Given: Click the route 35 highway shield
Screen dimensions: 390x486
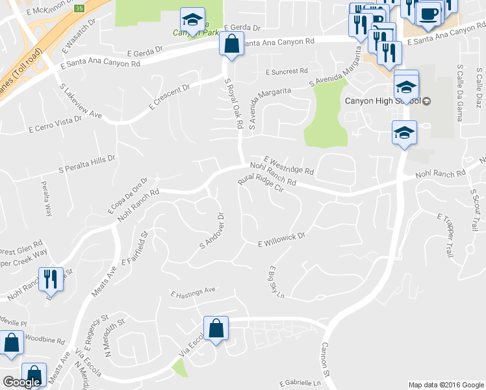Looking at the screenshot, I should click(79, 8).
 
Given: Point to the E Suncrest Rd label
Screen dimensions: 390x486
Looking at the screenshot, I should click(287, 71).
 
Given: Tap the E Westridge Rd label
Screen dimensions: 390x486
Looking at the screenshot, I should click(289, 165).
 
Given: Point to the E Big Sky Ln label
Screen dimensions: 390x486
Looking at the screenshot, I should click(277, 281).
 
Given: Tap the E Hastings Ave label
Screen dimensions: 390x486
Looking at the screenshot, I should click(193, 292).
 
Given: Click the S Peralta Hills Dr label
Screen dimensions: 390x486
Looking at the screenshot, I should click(87, 163).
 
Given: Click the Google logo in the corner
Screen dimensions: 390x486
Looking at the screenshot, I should click(21, 382).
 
